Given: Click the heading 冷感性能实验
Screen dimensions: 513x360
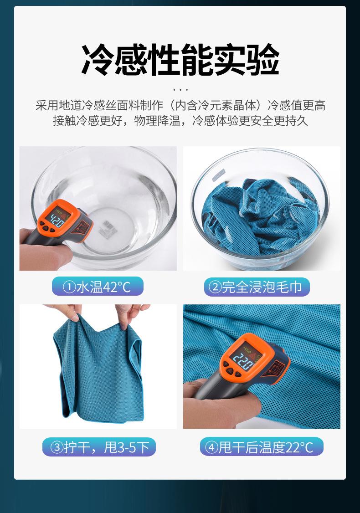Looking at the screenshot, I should pyautogui.click(x=180, y=60).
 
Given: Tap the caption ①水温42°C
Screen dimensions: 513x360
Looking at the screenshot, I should pyautogui.click(x=98, y=287).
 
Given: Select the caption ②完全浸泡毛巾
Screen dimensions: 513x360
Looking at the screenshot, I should pyautogui.click(x=257, y=287).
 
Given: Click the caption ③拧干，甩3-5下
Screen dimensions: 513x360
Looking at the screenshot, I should pyautogui.click(x=99, y=447).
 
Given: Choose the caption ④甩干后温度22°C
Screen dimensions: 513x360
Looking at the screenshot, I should pyautogui.click(x=261, y=447).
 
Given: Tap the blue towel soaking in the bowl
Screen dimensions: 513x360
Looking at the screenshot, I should pyautogui.click(x=260, y=219).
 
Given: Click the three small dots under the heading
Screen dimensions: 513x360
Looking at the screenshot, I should pyautogui.click(x=180, y=89).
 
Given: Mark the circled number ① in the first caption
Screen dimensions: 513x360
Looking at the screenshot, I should pyautogui.click(x=69, y=287).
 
